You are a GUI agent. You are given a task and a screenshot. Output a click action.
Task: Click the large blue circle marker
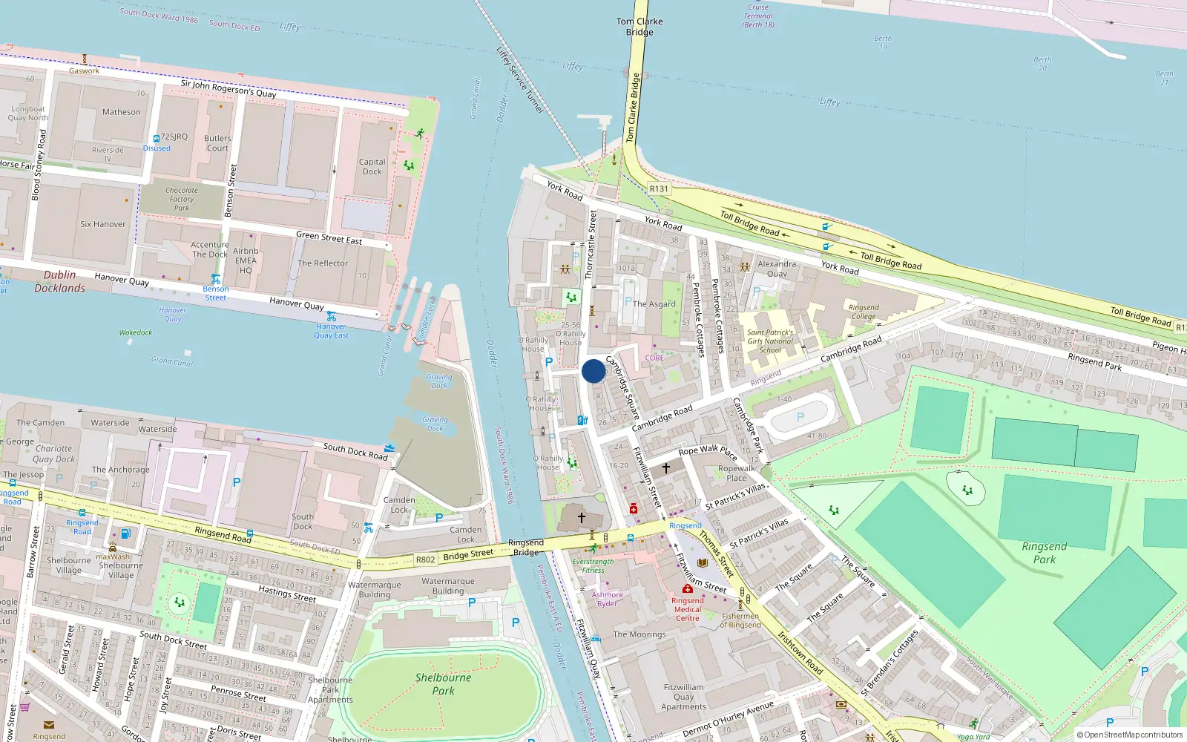[593, 371]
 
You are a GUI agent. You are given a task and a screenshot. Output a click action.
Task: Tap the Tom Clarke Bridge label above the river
[639, 27]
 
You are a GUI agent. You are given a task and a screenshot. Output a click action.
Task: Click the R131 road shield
[659, 188]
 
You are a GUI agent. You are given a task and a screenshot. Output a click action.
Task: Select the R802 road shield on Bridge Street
[425, 559]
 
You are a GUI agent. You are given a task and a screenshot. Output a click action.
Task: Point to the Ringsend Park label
[1045, 553]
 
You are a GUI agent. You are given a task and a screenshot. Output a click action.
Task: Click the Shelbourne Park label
[443, 683]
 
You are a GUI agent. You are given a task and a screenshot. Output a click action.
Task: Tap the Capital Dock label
[372, 167]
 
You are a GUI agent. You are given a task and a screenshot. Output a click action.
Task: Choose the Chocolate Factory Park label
[182, 199]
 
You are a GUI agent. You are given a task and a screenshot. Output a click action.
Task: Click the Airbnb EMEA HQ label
[246, 260]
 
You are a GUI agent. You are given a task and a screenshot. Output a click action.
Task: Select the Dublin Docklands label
[59, 281]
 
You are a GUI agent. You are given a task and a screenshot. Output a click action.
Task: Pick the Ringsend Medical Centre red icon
[688, 588]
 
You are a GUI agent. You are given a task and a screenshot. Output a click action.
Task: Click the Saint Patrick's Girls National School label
[770, 341]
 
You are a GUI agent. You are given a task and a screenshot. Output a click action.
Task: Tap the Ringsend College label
[864, 312]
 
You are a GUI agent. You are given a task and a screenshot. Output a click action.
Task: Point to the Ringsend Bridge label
[525, 548]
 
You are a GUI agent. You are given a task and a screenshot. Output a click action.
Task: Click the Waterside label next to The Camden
[110, 423]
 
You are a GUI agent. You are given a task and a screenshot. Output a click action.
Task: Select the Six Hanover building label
[103, 224]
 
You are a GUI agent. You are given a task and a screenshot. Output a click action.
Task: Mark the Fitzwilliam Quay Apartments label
[684, 697]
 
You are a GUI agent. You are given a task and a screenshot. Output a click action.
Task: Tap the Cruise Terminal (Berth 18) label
[758, 16]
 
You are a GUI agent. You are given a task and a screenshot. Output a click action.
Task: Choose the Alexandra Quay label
[777, 269]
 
